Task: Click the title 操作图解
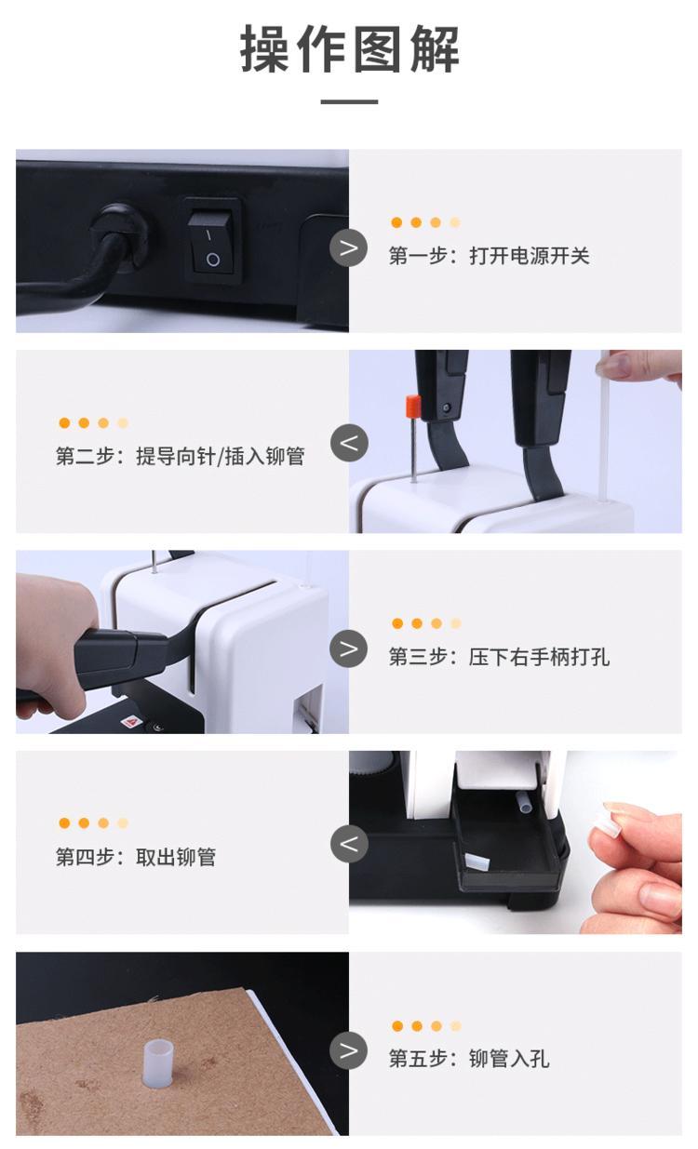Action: [350, 49]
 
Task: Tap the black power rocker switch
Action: [212, 242]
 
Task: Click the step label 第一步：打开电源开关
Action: [489, 256]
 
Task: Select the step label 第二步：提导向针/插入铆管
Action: [181, 456]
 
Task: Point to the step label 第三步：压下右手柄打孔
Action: [499, 657]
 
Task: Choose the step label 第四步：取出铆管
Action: [136, 857]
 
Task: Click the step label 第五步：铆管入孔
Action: [468, 1059]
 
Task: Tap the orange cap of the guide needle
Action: [413, 407]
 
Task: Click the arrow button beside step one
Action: [348, 248]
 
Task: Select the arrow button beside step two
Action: [349, 443]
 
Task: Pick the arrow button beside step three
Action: [348, 648]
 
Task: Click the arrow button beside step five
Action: [348, 1050]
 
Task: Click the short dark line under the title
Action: [350, 101]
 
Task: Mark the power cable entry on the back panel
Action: [119, 234]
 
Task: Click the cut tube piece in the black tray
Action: [477, 862]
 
